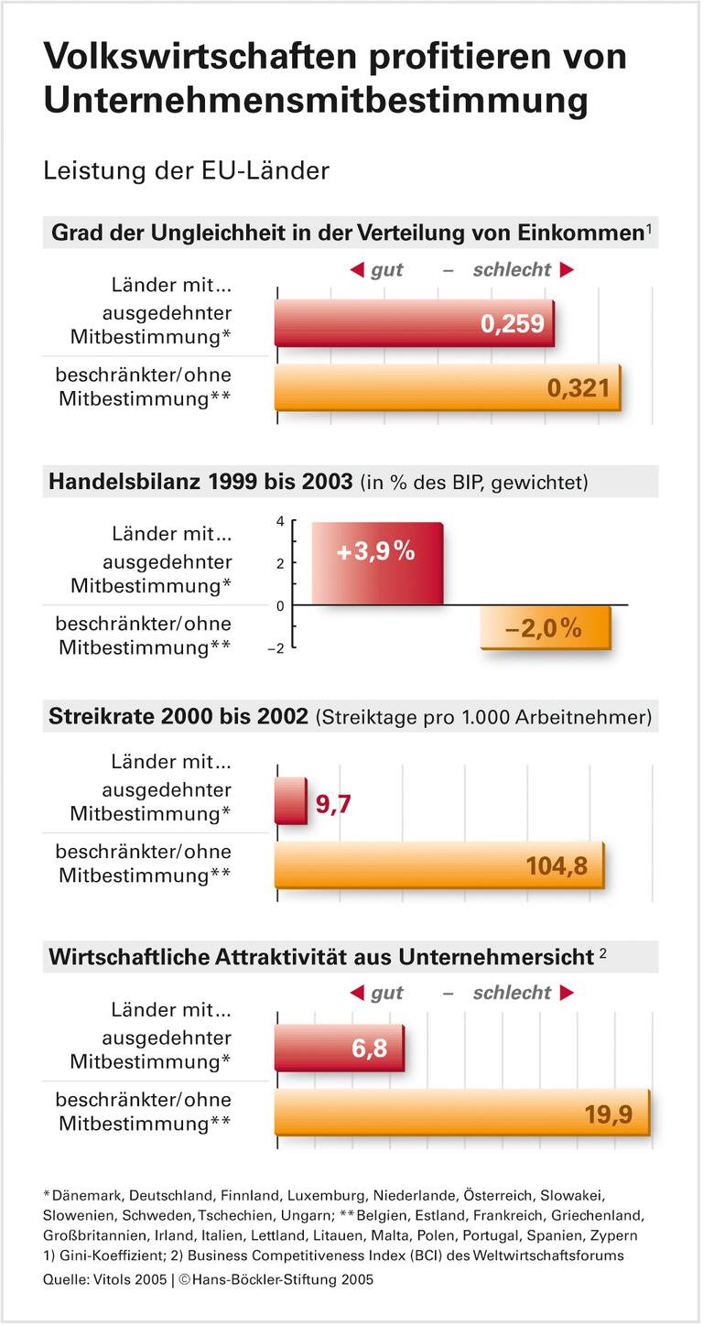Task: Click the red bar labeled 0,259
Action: click(414, 323)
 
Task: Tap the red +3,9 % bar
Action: click(376, 563)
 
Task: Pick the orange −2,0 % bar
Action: click(546, 628)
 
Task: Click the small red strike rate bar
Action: click(290, 801)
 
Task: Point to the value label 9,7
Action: click(333, 805)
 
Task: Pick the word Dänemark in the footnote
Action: click(86, 1195)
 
